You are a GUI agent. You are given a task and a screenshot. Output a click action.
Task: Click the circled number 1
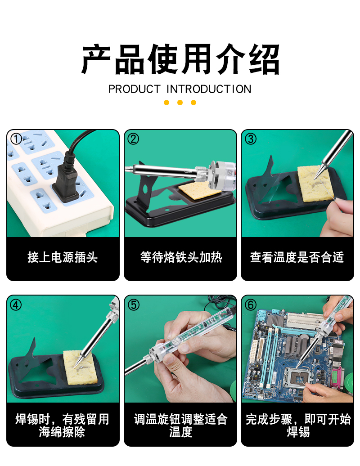pyautogui.click(x=16, y=139)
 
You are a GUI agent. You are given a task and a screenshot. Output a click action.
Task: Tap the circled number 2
pyautogui.click(x=133, y=139)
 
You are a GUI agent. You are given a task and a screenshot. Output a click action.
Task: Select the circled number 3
pyautogui.click(x=251, y=139)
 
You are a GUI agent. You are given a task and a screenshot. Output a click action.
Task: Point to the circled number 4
pyautogui.click(x=16, y=305)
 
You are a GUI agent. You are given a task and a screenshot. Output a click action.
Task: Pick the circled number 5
pyautogui.click(x=133, y=305)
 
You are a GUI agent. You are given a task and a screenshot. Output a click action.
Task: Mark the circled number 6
pyautogui.click(x=251, y=305)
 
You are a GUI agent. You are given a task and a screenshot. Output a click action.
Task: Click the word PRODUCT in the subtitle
pyautogui.click(x=135, y=89)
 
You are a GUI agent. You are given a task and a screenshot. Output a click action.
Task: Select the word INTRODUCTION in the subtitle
pyautogui.click(x=209, y=89)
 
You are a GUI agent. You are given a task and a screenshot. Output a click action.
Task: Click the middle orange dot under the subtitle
pyautogui.click(x=180, y=103)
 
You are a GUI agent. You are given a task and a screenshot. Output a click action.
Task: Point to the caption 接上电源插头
pyautogui.click(x=63, y=257)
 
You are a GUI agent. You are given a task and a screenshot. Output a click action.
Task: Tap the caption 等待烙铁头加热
pyautogui.click(x=181, y=257)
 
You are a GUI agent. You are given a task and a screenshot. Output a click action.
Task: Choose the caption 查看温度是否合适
pyautogui.click(x=297, y=257)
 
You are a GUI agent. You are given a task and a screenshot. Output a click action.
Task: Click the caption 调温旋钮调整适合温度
pyautogui.click(x=181, y=425)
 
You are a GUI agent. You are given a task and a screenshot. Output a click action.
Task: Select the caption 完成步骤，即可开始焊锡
pyautogui.click(x=298, y=425)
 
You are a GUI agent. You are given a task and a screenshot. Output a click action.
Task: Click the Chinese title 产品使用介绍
pyautogui.click(x=180, y=59)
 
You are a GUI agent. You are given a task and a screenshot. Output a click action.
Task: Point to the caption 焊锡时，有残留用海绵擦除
pyautogui.click(x=62, y=425)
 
